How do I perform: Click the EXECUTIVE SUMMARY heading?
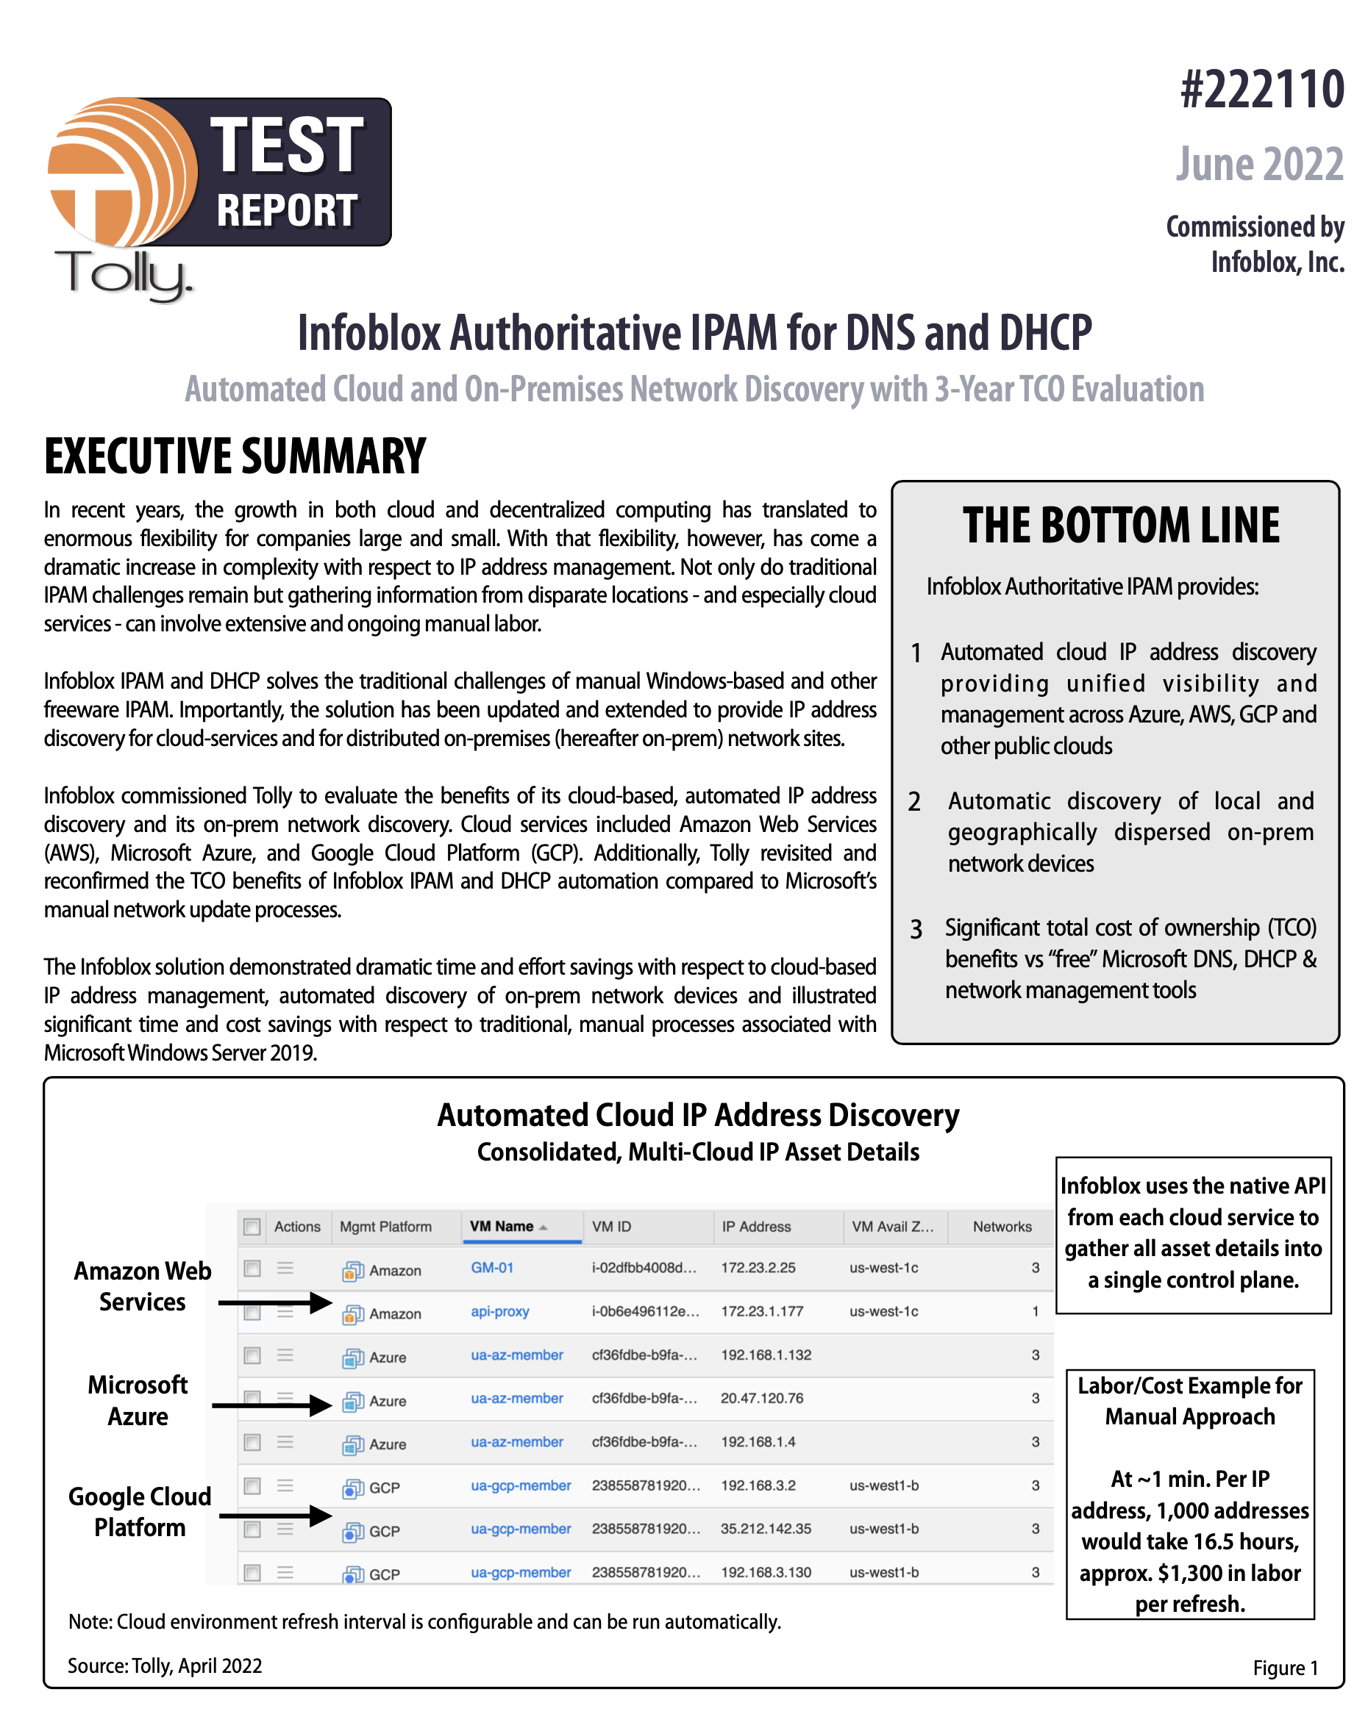[x=235, y=456]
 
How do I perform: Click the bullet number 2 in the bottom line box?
[x=915, y=801]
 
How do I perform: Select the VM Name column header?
[x=502, y=1226]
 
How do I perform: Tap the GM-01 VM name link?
[x=491, y=1267]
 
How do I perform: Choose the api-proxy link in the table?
[x=499, y=1311]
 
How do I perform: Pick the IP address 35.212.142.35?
[x=765, y=1528]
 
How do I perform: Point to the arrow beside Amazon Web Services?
[x=274, y=1302]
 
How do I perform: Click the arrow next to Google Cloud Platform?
[x=274, y=1516]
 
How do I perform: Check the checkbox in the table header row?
[x=252, y=1227]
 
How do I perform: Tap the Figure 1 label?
[x=1284, y=1668]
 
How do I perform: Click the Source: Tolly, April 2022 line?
[x=165, y=1665]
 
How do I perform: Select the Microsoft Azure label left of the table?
[x=138, y=1400]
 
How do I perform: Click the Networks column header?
[x=1001, y=1227]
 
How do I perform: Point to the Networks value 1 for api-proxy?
[x=1035, y=1311]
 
